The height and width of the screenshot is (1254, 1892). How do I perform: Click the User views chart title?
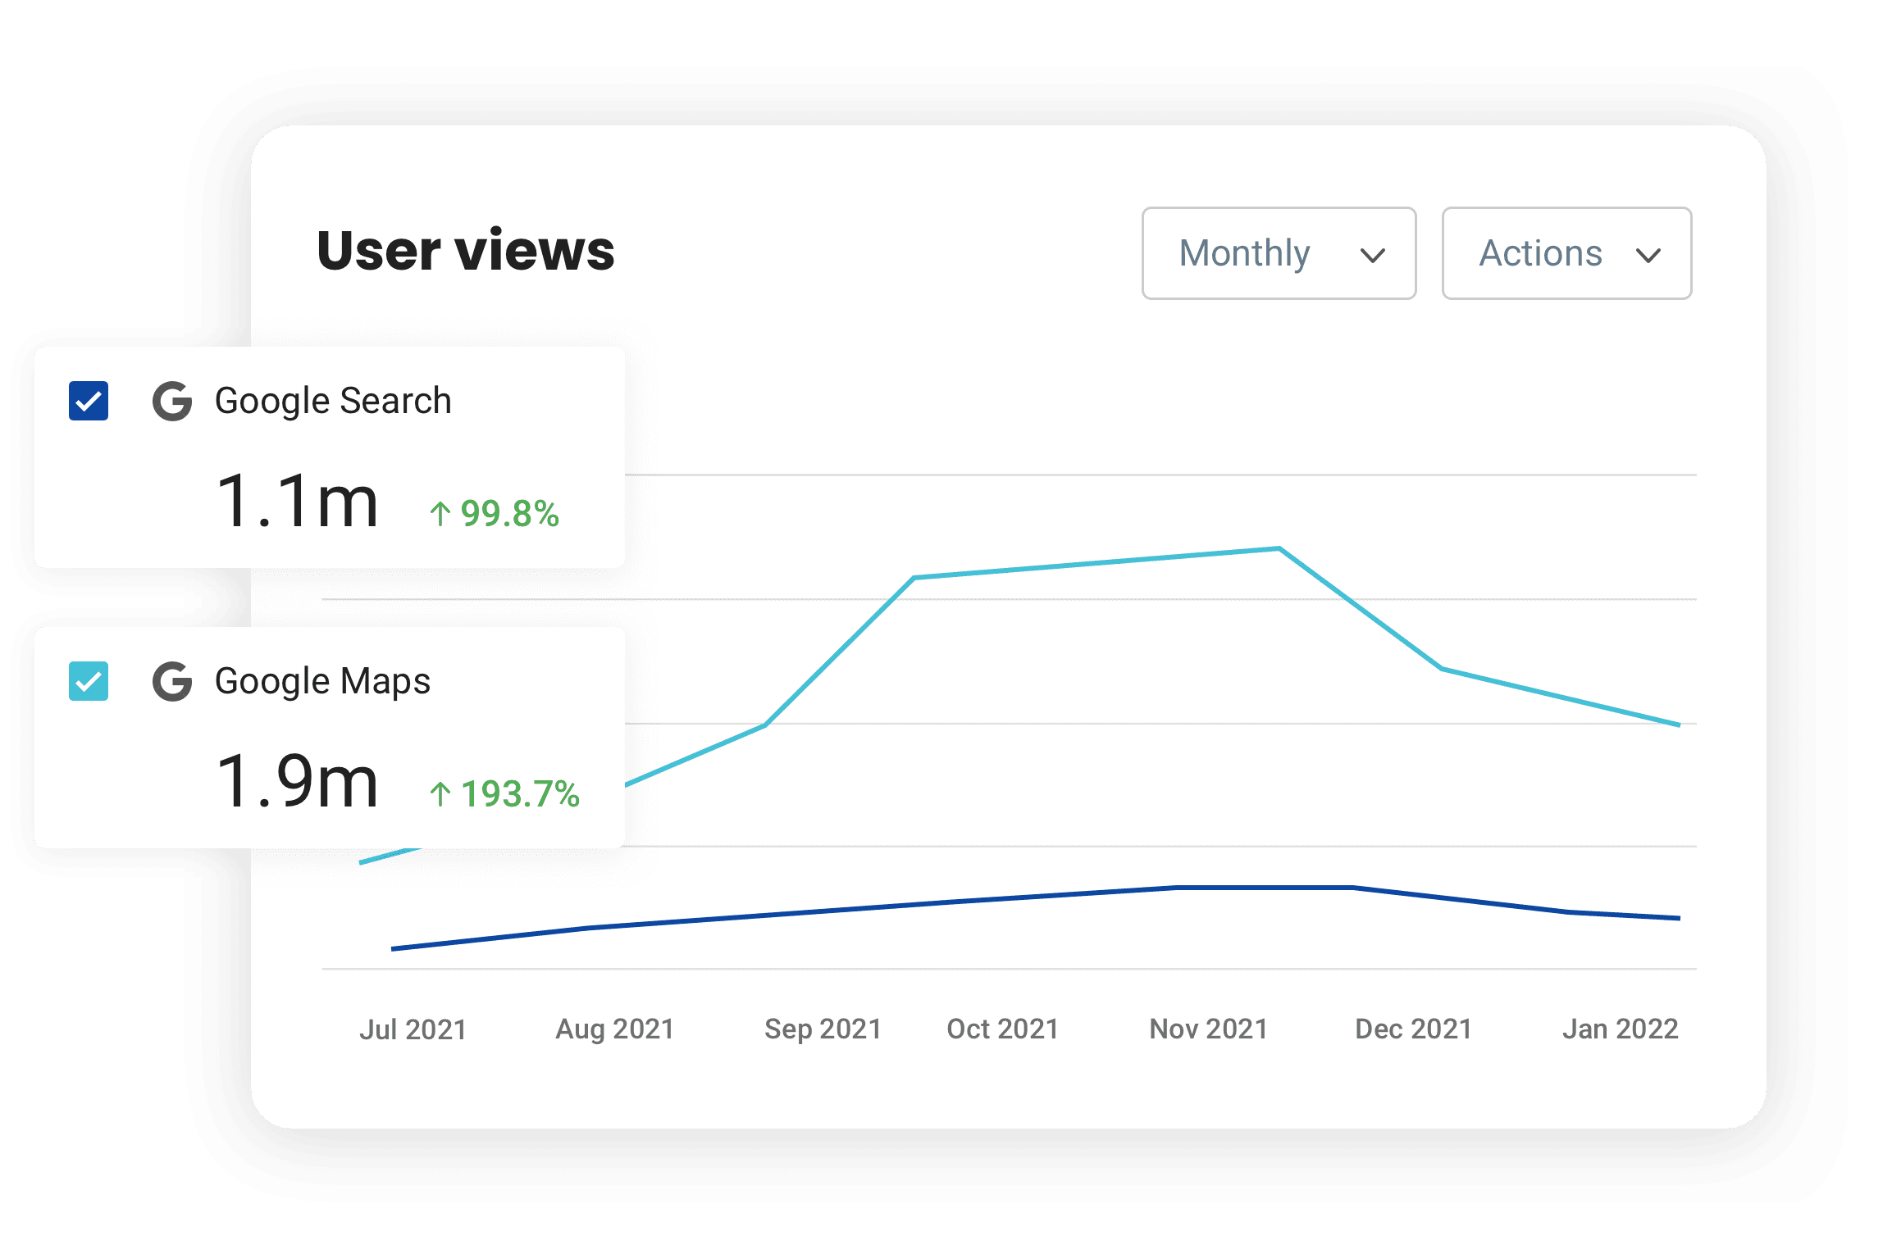tap(466, 251)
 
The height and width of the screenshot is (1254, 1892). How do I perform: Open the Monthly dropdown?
tap(1279, 253)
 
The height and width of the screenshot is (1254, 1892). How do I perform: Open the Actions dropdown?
tap(1566, 253)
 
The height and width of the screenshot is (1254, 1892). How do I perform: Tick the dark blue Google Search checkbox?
tap(89, 401)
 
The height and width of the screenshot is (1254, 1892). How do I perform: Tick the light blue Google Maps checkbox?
tap(89, 681)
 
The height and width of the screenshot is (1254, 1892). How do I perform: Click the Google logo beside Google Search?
tap(172, 401)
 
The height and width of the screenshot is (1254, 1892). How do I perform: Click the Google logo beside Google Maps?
tap(172, 681)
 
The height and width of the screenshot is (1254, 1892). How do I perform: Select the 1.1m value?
tap(297, 502)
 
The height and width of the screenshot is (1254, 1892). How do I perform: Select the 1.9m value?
tap(297, 782)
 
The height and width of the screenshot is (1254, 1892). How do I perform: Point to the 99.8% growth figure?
tap(509, 514)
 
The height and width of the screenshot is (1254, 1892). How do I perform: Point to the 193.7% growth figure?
tap(520, 794)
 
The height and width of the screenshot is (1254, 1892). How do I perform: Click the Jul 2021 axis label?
tap(413, 1029)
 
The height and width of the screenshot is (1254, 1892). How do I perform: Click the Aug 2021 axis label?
tap(615, 1029)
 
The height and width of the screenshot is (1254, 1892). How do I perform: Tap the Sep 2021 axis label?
tap(823, 1029)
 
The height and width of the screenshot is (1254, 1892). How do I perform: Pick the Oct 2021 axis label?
tap(1002, 1029)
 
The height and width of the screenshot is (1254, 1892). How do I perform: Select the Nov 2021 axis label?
tap(1208, 1029)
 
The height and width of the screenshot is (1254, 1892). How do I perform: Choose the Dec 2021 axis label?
tap(1413, 1029)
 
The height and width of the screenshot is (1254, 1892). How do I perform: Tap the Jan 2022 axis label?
tap(1620, 1029)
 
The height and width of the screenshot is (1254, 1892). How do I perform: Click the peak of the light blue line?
tap(1279, 548)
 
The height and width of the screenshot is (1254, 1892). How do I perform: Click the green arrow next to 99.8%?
tap(440, 514)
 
